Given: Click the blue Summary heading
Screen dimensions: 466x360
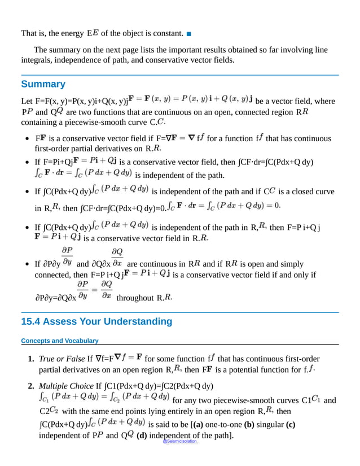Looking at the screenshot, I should [43, 84].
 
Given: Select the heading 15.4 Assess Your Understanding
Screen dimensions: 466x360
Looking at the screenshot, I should [96, 322].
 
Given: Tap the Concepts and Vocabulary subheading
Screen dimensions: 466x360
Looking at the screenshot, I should [59, 341].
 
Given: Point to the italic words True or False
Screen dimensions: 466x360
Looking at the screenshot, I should [62, 359].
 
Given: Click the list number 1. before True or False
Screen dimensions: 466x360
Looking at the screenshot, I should [31, 359].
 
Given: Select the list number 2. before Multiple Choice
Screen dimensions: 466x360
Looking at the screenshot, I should [31, 386].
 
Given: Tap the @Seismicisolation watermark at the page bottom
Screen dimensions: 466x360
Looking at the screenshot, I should [179, 441].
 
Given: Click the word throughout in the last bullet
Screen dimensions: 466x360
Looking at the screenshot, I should [134, 298].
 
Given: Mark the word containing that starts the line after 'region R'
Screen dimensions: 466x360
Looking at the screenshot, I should [40, 123].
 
